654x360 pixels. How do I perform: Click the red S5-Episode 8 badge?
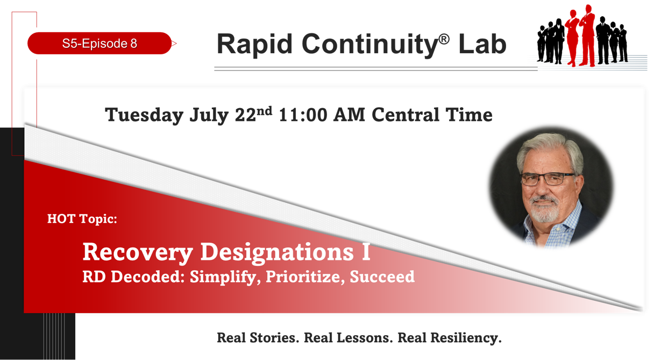99,43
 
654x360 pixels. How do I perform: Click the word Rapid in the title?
254,45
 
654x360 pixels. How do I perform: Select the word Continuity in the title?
370,45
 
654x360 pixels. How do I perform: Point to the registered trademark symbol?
444,39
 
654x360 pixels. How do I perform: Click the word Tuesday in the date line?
144,115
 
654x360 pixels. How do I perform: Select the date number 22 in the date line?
246,115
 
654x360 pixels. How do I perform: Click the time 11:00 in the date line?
303,115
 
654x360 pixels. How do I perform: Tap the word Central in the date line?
405,115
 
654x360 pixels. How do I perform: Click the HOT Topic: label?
82,219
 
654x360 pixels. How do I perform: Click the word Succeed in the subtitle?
382,277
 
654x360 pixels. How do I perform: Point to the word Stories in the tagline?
274,338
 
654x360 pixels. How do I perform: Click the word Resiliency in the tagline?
466,338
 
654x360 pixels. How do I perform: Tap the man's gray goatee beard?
544,209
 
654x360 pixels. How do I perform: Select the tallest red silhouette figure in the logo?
587,36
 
